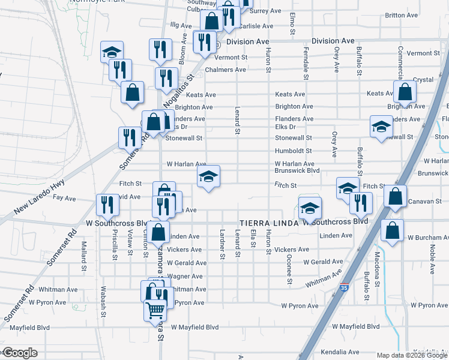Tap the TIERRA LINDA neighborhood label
(x=268, y=222)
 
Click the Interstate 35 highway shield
(x=345, y=289)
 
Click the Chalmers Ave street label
(x=225, y=70)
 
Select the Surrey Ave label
(x=265, y=11)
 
